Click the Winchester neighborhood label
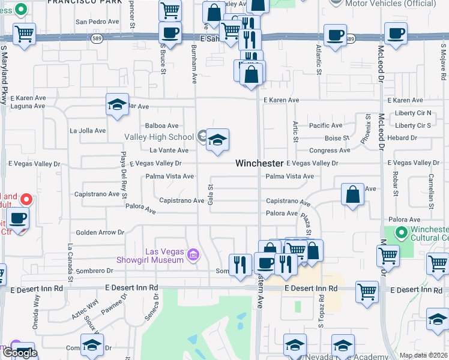coord(259,163)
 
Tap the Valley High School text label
coord(159,137)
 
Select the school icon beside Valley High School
coord(217,140)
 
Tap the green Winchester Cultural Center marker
coord(401,232)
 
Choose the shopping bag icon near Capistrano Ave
coord(353,194)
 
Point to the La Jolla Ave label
coord(88,130)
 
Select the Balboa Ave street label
coord(161,126)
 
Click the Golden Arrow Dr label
coord(99,232)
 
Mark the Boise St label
coord(337,138)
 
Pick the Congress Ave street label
coord(330,151)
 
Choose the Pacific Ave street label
coord(325,125)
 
